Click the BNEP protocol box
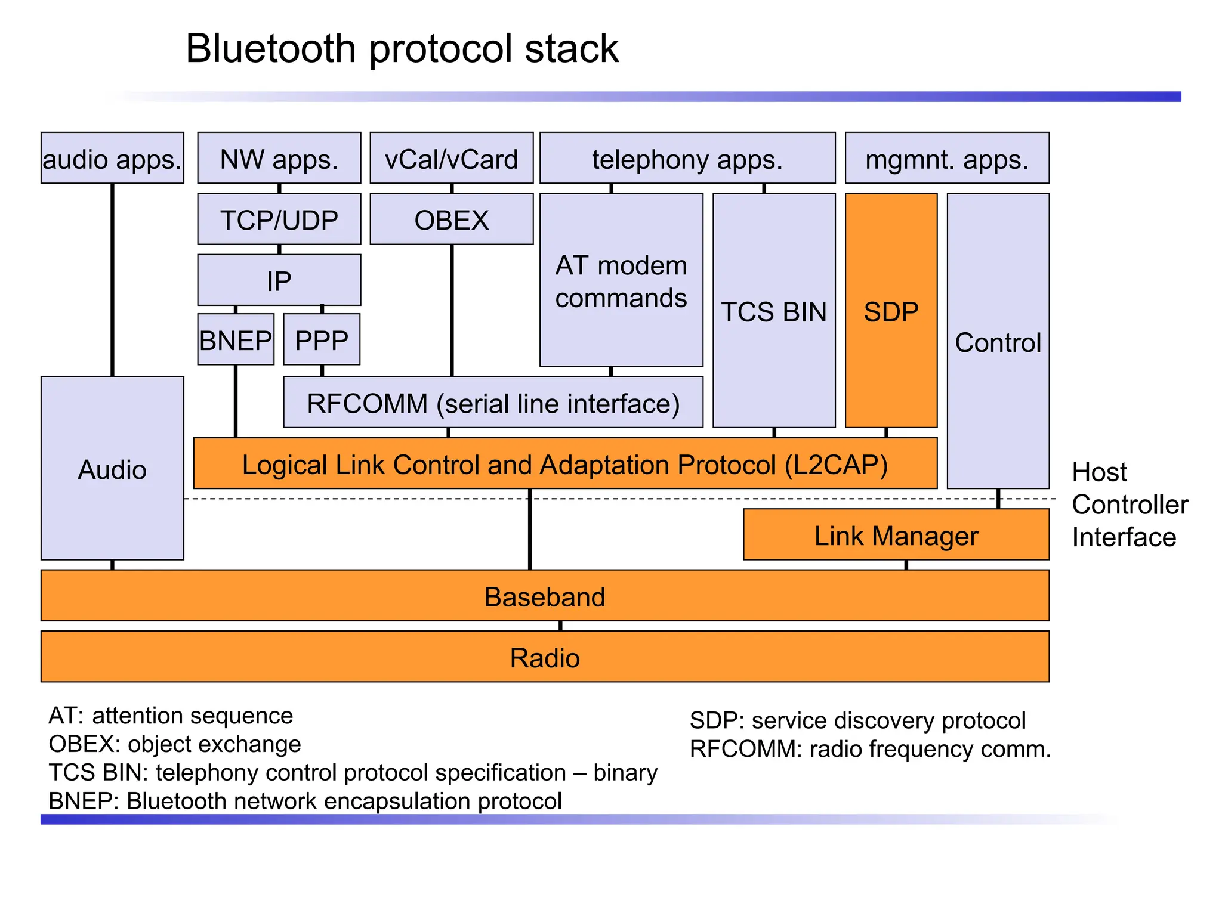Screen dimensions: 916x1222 coord(236,340)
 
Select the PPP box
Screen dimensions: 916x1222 coord(322,340)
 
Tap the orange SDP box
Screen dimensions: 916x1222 coord(891,311)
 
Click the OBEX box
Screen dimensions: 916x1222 coord(451,219)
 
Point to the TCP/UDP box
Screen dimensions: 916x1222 coord(279,219)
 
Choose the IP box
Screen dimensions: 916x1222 coord(279,280)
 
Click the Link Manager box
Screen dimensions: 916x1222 coord(896,535)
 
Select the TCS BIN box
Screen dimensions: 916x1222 coord(774,311)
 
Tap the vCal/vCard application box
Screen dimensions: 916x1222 coord(451,159)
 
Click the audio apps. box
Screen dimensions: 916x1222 coord(112,159)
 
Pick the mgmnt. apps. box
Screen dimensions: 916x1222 coord(947,159)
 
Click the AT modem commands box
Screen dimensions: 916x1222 coord(621,280)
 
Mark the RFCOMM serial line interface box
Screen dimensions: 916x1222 coord(493,403)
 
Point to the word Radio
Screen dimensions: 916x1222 coord(544,658)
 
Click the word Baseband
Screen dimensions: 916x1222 coord(544,596)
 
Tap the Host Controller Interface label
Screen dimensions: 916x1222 coord(1129,505)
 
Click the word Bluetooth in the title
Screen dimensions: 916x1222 coord(270,48)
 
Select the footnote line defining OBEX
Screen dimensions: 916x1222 coord(175,744)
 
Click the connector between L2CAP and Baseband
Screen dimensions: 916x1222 coord(530,529)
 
